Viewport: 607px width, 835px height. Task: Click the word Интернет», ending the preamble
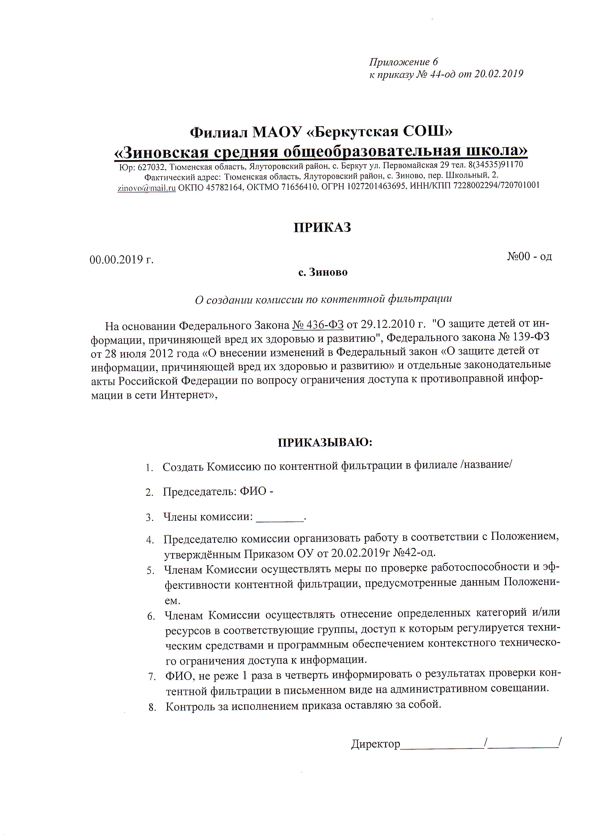188,395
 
